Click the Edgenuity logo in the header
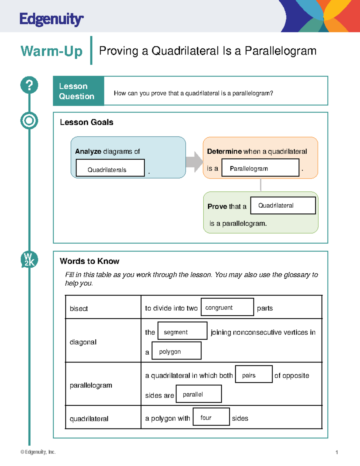click(x=51, y=20)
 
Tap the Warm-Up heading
click(x=51, y=51)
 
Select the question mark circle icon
click(x=29, y=85)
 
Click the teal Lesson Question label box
click(x=78, y=91)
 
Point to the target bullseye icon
click(x=29, y=121)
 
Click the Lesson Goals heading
click(x=86, y=122)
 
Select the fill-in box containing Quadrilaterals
click(x=110, y=168)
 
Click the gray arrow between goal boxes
click(x=194, y=162)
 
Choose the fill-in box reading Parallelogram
click(x=260, y=168)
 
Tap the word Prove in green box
click(x=217, y=206)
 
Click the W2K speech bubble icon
click(x=29, y=260)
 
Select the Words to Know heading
click(x=89, y=261)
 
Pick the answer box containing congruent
click(x=227, y=307)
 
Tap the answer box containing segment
click(x=182, y=331)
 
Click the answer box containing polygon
click(x=176, y=350)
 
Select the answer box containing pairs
click(x=254, y=374)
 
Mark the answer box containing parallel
click(x=199, y=394)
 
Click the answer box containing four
click(x=211, y=416)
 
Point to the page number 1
click(x=337, y=452)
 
